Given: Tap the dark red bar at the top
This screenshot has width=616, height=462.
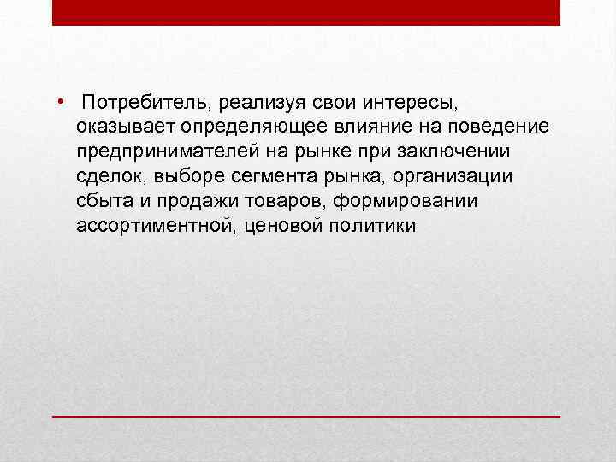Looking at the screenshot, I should [306, 12].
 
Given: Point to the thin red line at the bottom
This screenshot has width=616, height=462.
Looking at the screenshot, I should [306, 415].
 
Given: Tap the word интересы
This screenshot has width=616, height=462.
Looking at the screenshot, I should [406, 103].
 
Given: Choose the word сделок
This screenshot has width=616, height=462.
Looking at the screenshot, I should [105, 177].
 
